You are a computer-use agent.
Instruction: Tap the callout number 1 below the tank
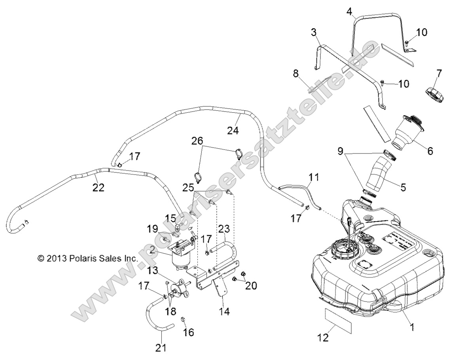pos(412,328)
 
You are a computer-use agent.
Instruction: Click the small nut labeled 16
pos(183,319)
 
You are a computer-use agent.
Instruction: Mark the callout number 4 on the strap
pos(349,11)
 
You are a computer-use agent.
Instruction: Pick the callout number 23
pos(224,229)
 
